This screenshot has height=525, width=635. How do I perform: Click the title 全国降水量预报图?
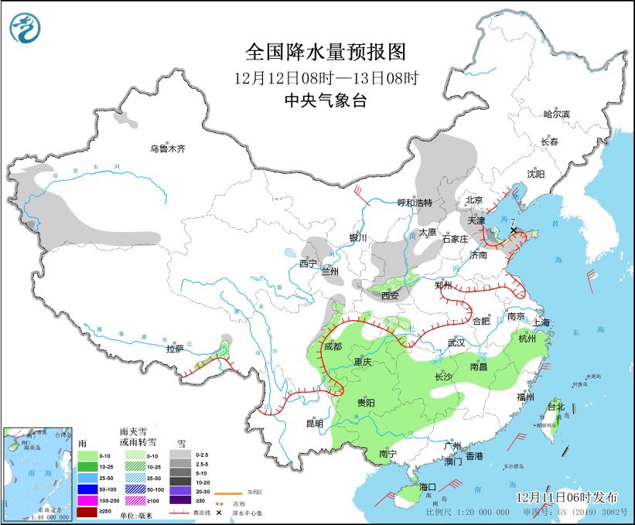tap(326, 52)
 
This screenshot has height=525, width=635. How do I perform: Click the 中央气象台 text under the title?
tap(326, 100)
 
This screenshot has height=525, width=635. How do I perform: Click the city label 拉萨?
tap(175, 349)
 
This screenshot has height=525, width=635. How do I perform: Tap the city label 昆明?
tap(314, 423)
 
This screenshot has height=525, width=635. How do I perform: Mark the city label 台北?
tap(556, 407)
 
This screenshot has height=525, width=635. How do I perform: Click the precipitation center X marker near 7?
tap(514, 230)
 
